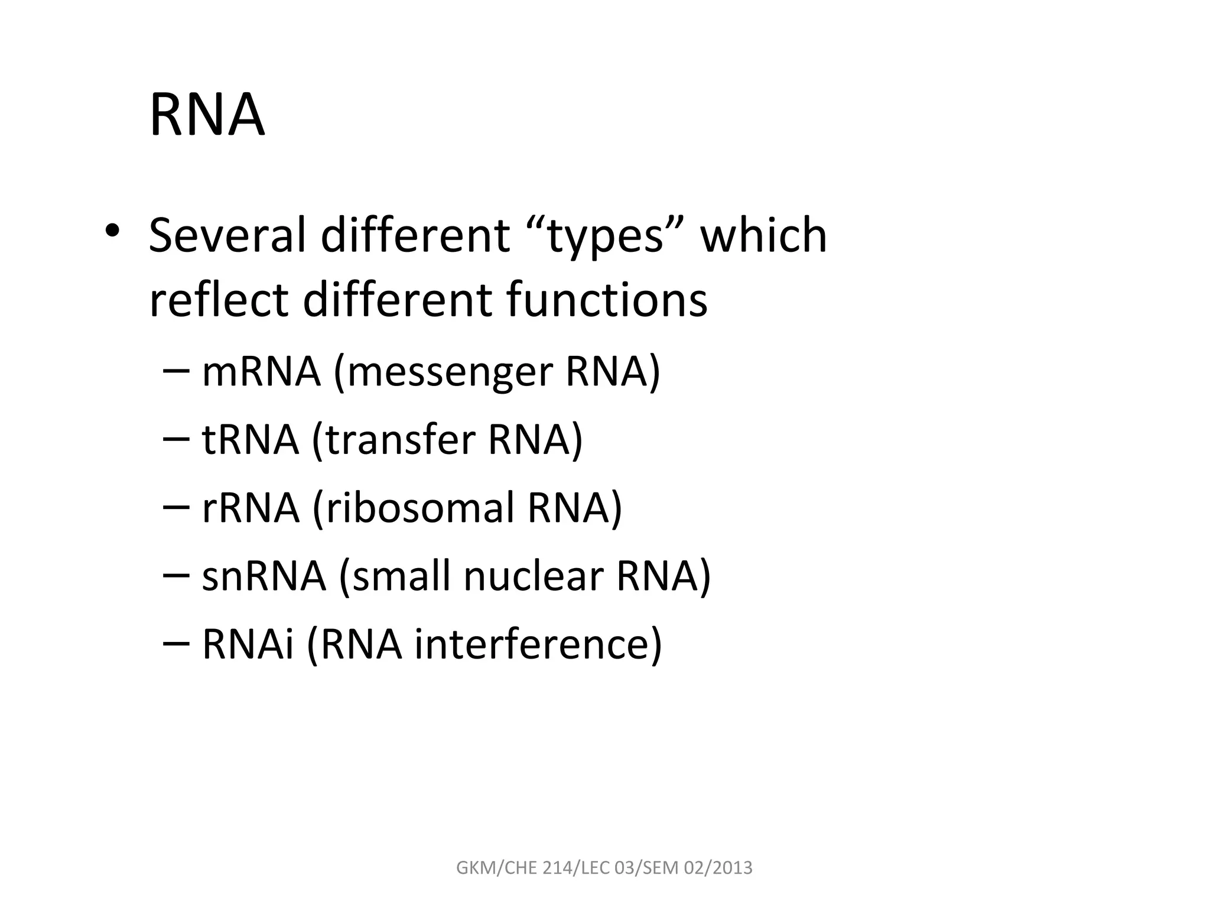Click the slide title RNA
pyautogui.click(x=207, y=115)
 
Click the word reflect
pyautogui.click(x=218, y=300)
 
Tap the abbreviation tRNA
pyautogui.click(x=251, y=440)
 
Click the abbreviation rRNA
pyautogui.click(x=251, y=508)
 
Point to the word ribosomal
pyautogui.click(x=419, y=508)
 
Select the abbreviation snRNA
pyautogui.click(x=264, y=576)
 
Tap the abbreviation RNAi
pyautogui.click(x=248, y=644)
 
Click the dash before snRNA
pyautogui.click(x=175, y=575)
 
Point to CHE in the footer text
pyautogui.click(x=522, y=868)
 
